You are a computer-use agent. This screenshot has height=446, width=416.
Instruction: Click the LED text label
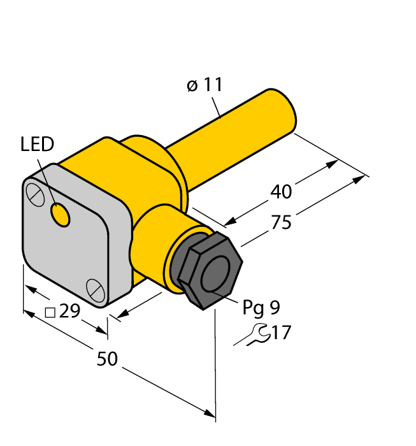[x=37, y=145]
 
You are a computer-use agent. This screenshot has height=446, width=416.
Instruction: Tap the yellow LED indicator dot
[x=61, y=216]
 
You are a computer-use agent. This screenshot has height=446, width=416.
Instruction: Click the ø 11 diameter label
[x=205, y=85]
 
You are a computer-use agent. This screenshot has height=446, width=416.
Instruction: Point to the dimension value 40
[x=282, y=191]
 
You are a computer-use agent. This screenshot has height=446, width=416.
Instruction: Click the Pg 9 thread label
[x=261, y=308]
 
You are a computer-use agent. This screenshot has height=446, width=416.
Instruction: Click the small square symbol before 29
[x=49, y=312]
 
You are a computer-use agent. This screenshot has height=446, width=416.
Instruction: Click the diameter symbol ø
[x=193, y=85]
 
